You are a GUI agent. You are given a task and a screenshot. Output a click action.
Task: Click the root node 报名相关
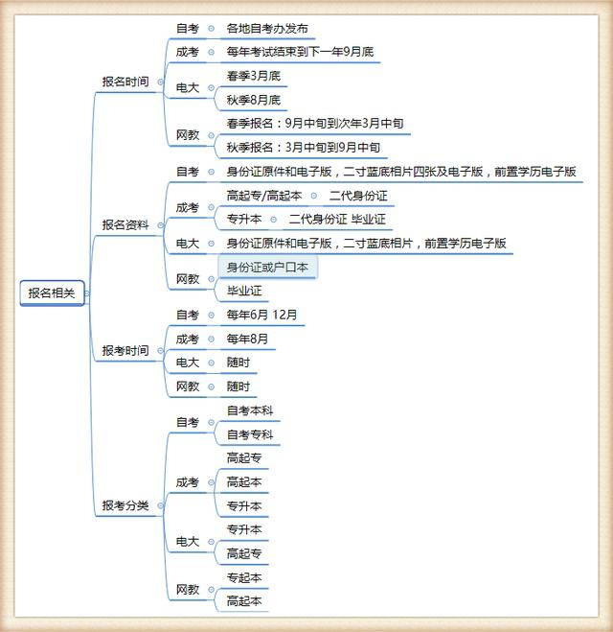53,293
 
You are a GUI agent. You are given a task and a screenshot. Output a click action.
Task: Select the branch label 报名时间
125,82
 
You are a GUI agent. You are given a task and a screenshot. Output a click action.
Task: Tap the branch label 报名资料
125,225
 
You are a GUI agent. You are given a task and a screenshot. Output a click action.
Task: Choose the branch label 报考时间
125,351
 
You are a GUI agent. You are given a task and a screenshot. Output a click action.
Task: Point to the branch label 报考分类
125,505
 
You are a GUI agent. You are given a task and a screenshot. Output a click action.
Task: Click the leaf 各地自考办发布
267,29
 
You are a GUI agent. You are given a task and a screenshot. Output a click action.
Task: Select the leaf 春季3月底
254,76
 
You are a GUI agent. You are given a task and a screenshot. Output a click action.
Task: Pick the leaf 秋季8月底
254,100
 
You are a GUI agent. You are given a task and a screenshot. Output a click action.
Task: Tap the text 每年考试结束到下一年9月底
300,52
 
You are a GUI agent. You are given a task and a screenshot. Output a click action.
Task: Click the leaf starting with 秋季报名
304,148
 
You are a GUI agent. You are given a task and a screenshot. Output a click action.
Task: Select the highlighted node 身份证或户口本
267,267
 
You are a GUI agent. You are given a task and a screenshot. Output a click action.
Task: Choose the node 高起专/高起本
264,196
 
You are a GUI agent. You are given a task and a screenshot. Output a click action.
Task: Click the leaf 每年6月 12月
262,315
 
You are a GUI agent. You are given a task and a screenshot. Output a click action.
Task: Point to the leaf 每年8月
247,339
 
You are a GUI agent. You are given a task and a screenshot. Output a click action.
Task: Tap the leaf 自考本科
250,410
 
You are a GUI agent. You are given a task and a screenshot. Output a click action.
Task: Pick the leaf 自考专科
250,434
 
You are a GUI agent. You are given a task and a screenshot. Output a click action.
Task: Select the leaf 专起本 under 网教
244,577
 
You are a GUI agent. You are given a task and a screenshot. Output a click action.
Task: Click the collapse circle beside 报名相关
87,293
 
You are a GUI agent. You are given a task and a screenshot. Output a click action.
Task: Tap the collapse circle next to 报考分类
161,505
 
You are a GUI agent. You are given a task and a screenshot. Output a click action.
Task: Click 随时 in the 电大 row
238,363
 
